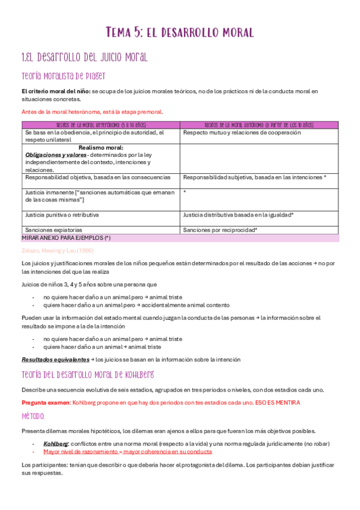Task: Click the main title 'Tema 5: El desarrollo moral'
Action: tap(180, 31)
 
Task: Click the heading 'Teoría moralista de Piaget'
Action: tap(63, 76)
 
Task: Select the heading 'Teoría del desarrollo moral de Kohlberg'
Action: tap(88, 375)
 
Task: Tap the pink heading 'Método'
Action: tap(32, 416)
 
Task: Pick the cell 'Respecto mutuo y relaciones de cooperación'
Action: tap(242, 133)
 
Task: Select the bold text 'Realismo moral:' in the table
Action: tap(101, 147)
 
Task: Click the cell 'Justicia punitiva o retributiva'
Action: tap(62, 215)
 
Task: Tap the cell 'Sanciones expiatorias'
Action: tap(53, 230)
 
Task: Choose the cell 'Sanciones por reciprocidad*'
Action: tap(220, 230)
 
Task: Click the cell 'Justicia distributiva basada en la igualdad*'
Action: tap(239, 215)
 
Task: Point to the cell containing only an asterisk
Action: tap(185, 192)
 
